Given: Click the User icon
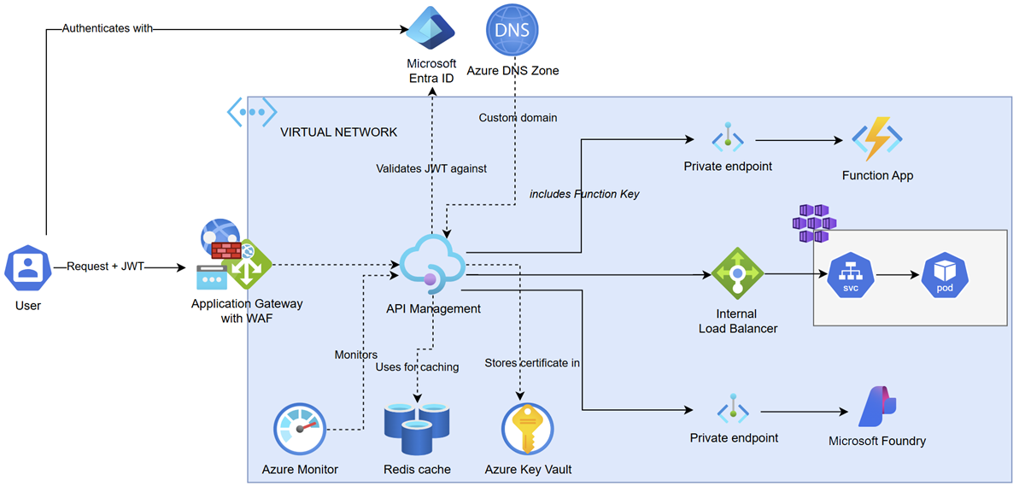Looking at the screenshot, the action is [x=28, y=267].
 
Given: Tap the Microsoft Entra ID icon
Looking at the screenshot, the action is [x=430, y=28].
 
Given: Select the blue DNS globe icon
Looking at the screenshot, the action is [x=512, y=30].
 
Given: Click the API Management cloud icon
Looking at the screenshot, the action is [x=432, y=264].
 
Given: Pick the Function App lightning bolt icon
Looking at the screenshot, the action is [x=876, y=139].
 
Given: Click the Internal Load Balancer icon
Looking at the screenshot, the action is [x=737, y=273].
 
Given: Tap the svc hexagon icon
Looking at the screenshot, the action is [x=851, y=275].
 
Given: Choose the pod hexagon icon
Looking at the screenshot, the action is [x=945, y=275].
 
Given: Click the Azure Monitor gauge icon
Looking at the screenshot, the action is [x=300, y=429].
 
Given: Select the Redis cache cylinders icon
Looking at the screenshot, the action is [x=417, y=429].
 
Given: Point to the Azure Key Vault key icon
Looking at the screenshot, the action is [x=528, y=429].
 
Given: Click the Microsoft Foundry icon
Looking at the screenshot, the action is [x=877, y=407].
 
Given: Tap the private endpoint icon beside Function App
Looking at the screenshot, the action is [x=728, y=137].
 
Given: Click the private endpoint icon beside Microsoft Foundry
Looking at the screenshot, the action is [x=733, y=408].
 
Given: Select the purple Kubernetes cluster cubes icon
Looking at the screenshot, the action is [x=815, y=223].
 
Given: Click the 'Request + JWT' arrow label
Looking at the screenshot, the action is [x=105, y=267].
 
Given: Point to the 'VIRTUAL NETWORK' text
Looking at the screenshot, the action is [x=338, y=132].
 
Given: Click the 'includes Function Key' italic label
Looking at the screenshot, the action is [x=584, y=194].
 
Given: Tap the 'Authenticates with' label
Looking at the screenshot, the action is [x=107, y=28].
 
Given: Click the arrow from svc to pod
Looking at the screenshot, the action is [x=898, y=275].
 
